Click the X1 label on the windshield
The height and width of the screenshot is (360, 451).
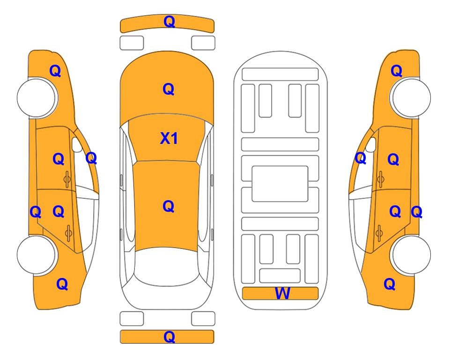pos(169,139)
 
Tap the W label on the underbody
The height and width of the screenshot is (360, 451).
pos(282,293)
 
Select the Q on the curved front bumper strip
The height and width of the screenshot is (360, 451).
pos(169,22)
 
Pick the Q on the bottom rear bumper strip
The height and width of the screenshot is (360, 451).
pos(169,337)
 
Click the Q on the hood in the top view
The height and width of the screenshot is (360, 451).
pos(169,89)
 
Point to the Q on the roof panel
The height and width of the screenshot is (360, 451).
pos(169,206)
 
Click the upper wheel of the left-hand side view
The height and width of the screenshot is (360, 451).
pos(37,98)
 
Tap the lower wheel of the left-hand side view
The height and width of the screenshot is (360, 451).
pos(37,255)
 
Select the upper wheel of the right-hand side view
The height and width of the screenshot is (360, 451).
pos(411,98)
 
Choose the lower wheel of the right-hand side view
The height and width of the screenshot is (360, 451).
pos(411,255)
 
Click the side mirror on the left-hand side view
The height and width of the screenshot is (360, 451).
pos(77,145)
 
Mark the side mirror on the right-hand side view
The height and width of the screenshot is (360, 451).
pos(371,145)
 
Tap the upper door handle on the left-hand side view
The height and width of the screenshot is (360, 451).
pos(67,179)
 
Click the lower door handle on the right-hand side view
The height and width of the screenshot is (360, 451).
pos(379,233)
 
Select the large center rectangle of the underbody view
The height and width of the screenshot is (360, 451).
pos(280,184)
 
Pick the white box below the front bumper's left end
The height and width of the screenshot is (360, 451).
pos(132,43)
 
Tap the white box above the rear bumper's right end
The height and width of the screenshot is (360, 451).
pos(203,319)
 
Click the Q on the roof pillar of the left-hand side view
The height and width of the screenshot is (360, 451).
pos(91,158)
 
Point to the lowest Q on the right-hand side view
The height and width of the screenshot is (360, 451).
pos(390,284)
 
